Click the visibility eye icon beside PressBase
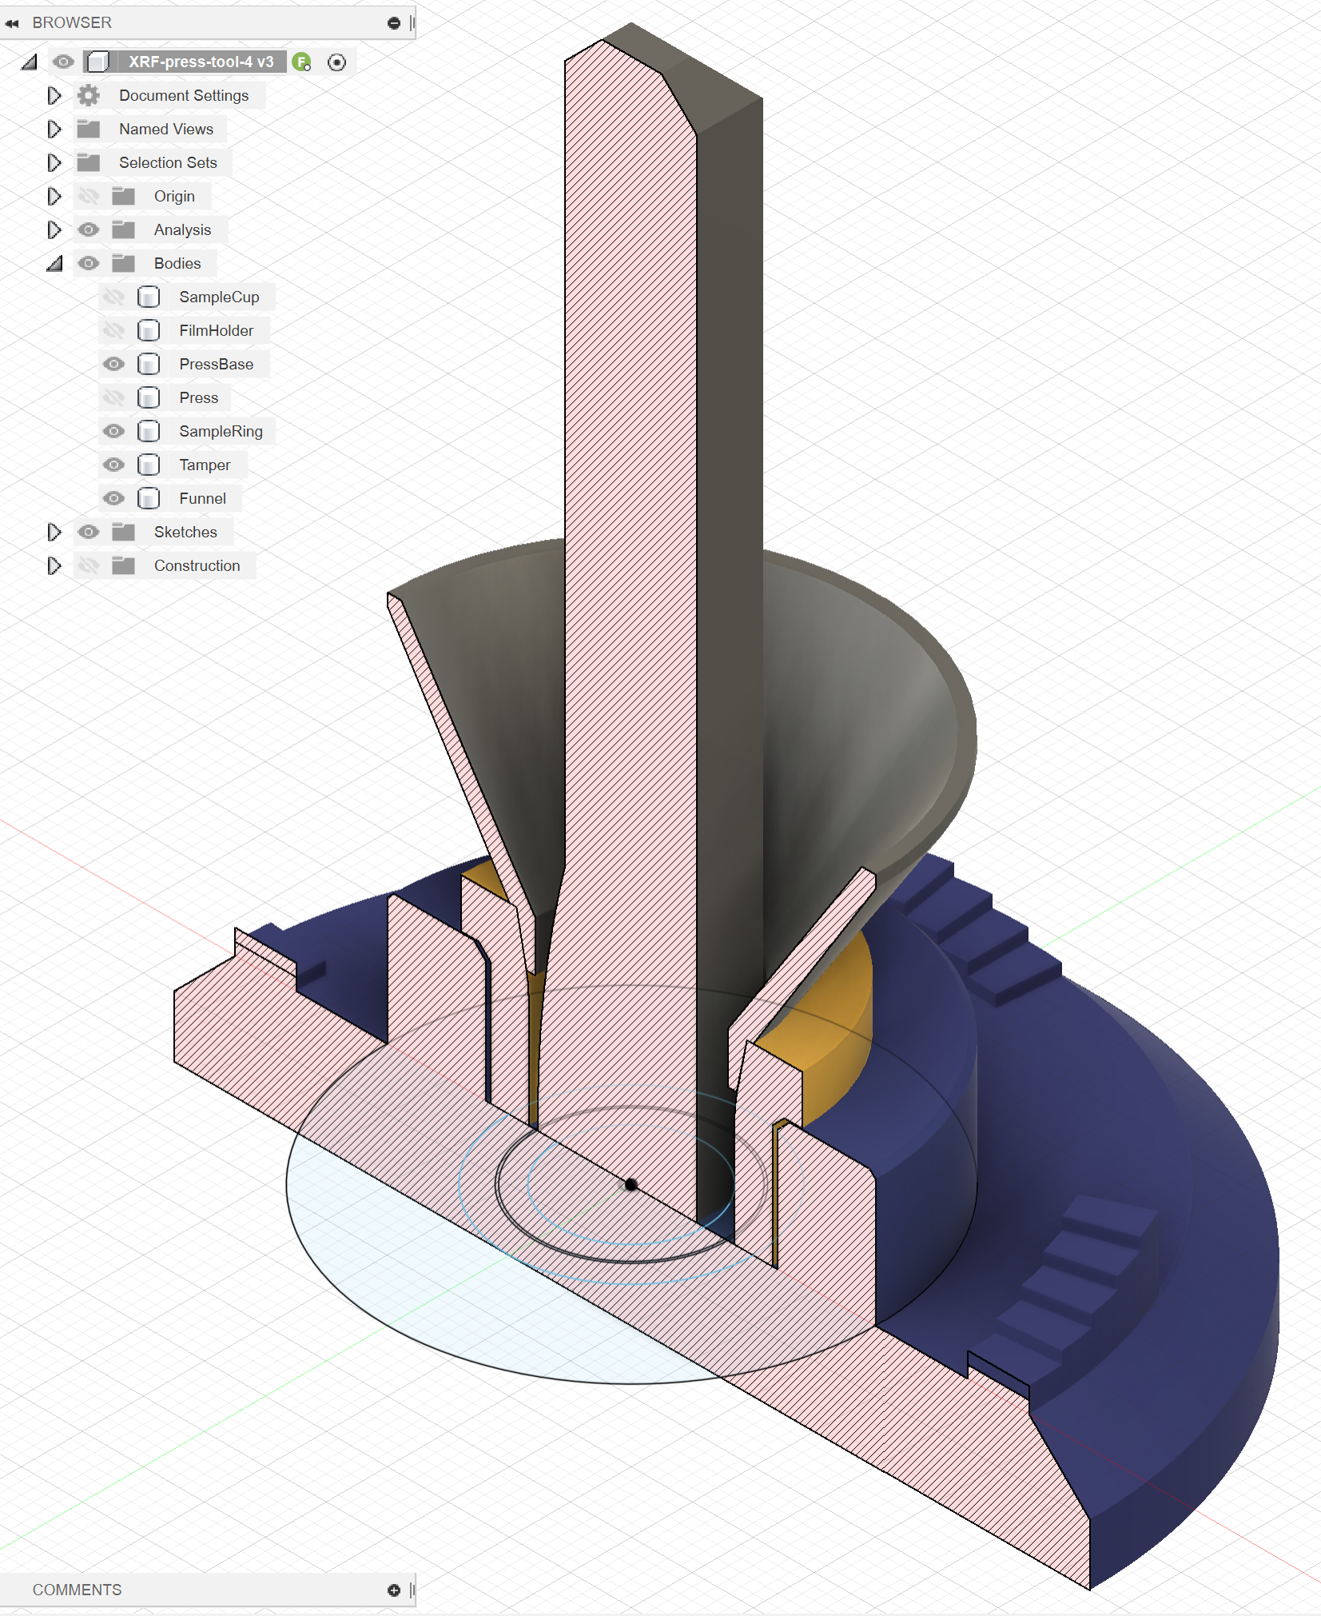tap(113, 364)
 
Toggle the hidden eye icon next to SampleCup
tap(113, 297)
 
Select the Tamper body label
tap(205, 465)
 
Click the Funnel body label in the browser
tap(202, 498)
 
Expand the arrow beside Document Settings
tap(54, 95)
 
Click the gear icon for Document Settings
tap(88, 95)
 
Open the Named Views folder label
tap(165, 129)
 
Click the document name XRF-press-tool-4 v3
tap(201, 62)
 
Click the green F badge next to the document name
tap(301, 62)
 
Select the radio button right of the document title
tap(337, 62)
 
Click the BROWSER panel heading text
tap(72, 22)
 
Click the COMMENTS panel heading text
tap(77, 1590)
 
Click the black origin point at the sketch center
tap(631, 1185)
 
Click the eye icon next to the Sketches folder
tap(89, 532)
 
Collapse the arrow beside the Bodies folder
tap(54, 263)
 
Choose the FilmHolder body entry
tap(216, 330)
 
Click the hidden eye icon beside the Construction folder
tap(89, 565)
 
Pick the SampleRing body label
tap(221, 431)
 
